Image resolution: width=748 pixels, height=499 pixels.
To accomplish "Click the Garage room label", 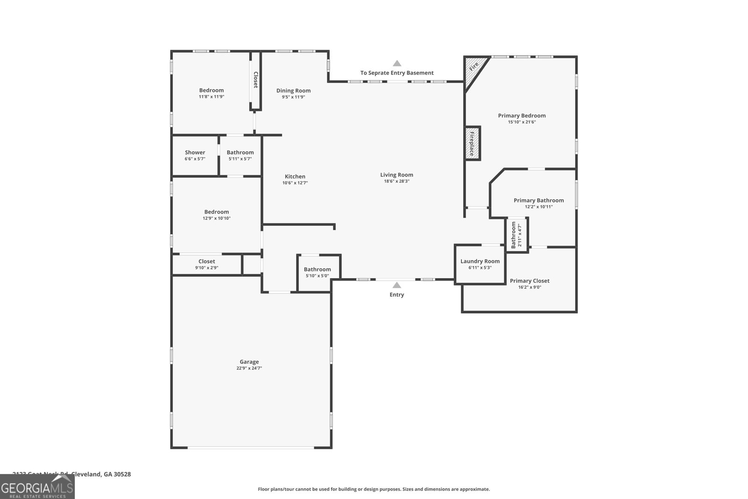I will click(249, 362).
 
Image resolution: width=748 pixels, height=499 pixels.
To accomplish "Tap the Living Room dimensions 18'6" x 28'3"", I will click(396, 181).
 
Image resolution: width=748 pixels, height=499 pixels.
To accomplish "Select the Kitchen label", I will click(295, 176).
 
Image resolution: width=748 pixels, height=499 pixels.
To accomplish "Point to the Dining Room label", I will click(293, 91).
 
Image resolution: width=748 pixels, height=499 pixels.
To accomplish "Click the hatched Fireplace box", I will click(472, 144).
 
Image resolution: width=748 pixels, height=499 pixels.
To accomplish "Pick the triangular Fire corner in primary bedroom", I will click(473, 68).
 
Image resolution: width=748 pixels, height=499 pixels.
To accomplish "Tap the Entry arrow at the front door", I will click(397, 285).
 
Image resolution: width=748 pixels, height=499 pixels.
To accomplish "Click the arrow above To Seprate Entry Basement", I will click(397, 63).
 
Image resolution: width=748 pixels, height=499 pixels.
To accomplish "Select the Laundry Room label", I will click(480, 261).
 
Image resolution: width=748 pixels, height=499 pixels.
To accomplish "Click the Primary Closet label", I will click(529, 281).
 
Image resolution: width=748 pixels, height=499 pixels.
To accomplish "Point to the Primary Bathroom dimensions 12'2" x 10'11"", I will click(539, 207).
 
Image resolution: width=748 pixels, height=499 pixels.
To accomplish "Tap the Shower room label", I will click(195, 152).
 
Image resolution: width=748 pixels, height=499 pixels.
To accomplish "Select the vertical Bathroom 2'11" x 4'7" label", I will click(516, 235).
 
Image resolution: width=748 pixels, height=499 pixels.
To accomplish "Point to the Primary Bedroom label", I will click(522, 116).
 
